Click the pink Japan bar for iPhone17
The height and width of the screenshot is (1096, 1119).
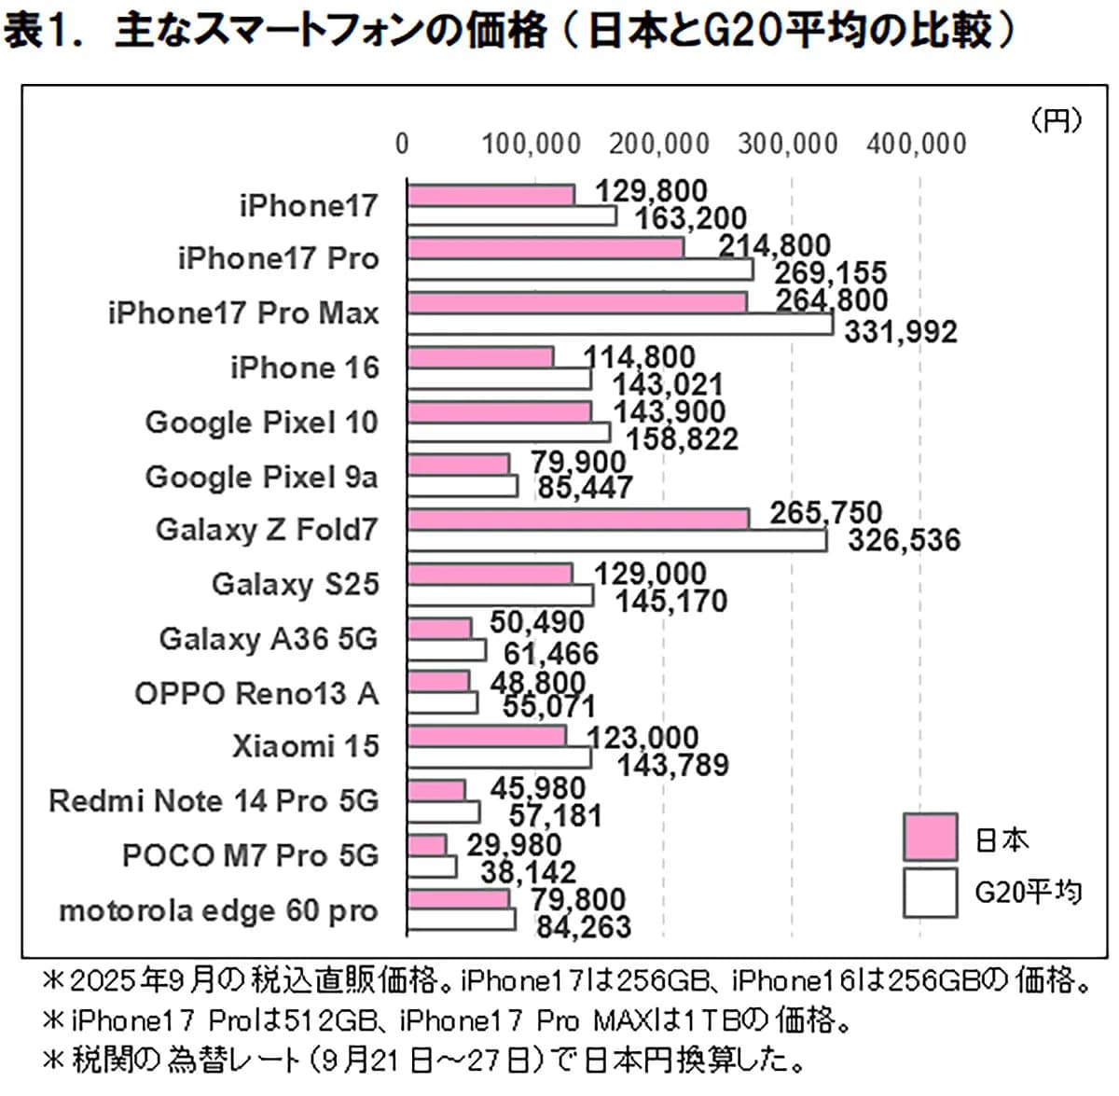490,194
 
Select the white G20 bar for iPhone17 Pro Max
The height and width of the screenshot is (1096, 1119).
620,324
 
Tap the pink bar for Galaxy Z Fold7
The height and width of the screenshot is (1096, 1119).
578,519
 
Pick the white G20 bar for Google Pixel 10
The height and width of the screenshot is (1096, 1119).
509,432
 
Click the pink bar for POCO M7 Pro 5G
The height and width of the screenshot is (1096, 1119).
427,845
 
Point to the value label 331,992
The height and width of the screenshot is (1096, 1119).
900,332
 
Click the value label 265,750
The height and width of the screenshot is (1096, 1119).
825,513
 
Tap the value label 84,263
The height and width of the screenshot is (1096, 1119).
583,926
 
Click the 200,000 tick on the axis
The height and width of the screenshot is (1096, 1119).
660,144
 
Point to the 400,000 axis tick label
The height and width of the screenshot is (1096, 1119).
917,144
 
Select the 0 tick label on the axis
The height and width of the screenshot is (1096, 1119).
402,144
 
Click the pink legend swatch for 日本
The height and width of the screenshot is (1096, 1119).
930,837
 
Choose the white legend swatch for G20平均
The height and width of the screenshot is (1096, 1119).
930,893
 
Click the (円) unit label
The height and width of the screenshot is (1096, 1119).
1057,119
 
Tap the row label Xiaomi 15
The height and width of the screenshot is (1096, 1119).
306,746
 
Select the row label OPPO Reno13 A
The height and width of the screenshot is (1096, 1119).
256,693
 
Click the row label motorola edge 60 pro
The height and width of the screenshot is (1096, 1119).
218,910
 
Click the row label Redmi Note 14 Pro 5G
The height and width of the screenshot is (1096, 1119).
214,800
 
